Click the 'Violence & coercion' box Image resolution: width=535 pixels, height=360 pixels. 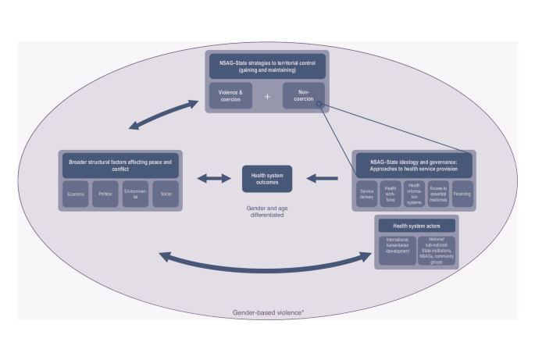click(x=230, y=95)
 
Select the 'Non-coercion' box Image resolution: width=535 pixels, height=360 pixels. click(x=303, y=95)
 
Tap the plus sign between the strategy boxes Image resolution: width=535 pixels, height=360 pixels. click(x=267, y=96)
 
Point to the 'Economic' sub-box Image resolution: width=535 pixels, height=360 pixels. click(x=76, y=194)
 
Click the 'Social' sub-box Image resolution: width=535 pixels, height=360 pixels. click(x=165, y=194)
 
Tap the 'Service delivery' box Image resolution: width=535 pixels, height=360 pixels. click(x=367, y=194)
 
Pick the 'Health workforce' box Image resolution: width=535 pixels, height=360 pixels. click(x=391, y=194)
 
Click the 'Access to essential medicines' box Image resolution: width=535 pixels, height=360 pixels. click(x=438, y=194)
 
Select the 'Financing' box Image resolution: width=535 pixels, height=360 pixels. click(x=463, y=194)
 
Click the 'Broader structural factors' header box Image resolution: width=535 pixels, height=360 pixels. click(x=120, y=165)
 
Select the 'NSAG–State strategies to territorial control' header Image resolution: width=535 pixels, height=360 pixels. click(x=267, y=66)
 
